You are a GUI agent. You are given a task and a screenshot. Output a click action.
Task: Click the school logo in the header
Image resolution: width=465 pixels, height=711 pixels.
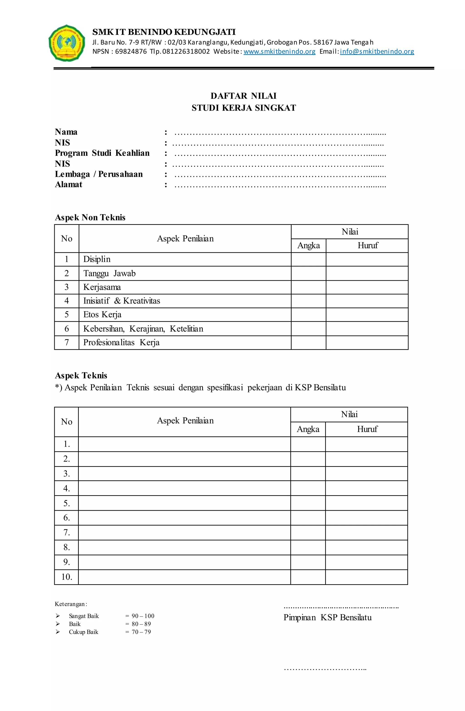(67, 43)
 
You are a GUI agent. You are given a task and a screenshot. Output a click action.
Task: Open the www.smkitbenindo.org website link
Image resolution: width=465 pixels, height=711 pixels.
(279, 51)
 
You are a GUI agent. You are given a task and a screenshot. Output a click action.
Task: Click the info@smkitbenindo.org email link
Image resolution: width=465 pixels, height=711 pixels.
(377, 51)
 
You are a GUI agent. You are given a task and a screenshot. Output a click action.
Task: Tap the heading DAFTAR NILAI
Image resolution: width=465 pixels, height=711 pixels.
(243, 96)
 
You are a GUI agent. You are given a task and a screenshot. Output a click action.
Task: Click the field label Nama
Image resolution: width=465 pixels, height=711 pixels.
(66, 132)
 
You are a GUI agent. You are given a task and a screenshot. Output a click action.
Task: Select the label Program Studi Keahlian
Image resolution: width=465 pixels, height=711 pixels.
(102, 153)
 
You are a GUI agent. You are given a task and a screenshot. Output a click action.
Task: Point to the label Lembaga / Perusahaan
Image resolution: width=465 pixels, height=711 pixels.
(99, 174)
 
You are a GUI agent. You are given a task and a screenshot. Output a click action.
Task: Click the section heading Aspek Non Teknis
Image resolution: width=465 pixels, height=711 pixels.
(90, 217)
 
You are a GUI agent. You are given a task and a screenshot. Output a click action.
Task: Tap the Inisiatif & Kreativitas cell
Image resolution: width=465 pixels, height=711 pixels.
(121, 301)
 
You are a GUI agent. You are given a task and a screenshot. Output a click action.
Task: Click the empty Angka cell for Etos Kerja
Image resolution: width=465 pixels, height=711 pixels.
(308, 315)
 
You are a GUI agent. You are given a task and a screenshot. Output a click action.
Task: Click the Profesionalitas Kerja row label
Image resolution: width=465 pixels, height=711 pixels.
(121, 343)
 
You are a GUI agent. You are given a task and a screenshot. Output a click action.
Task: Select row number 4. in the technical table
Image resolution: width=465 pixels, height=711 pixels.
(67, 488)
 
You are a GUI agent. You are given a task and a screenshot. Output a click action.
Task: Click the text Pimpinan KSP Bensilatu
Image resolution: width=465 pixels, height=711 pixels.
(327, 617)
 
